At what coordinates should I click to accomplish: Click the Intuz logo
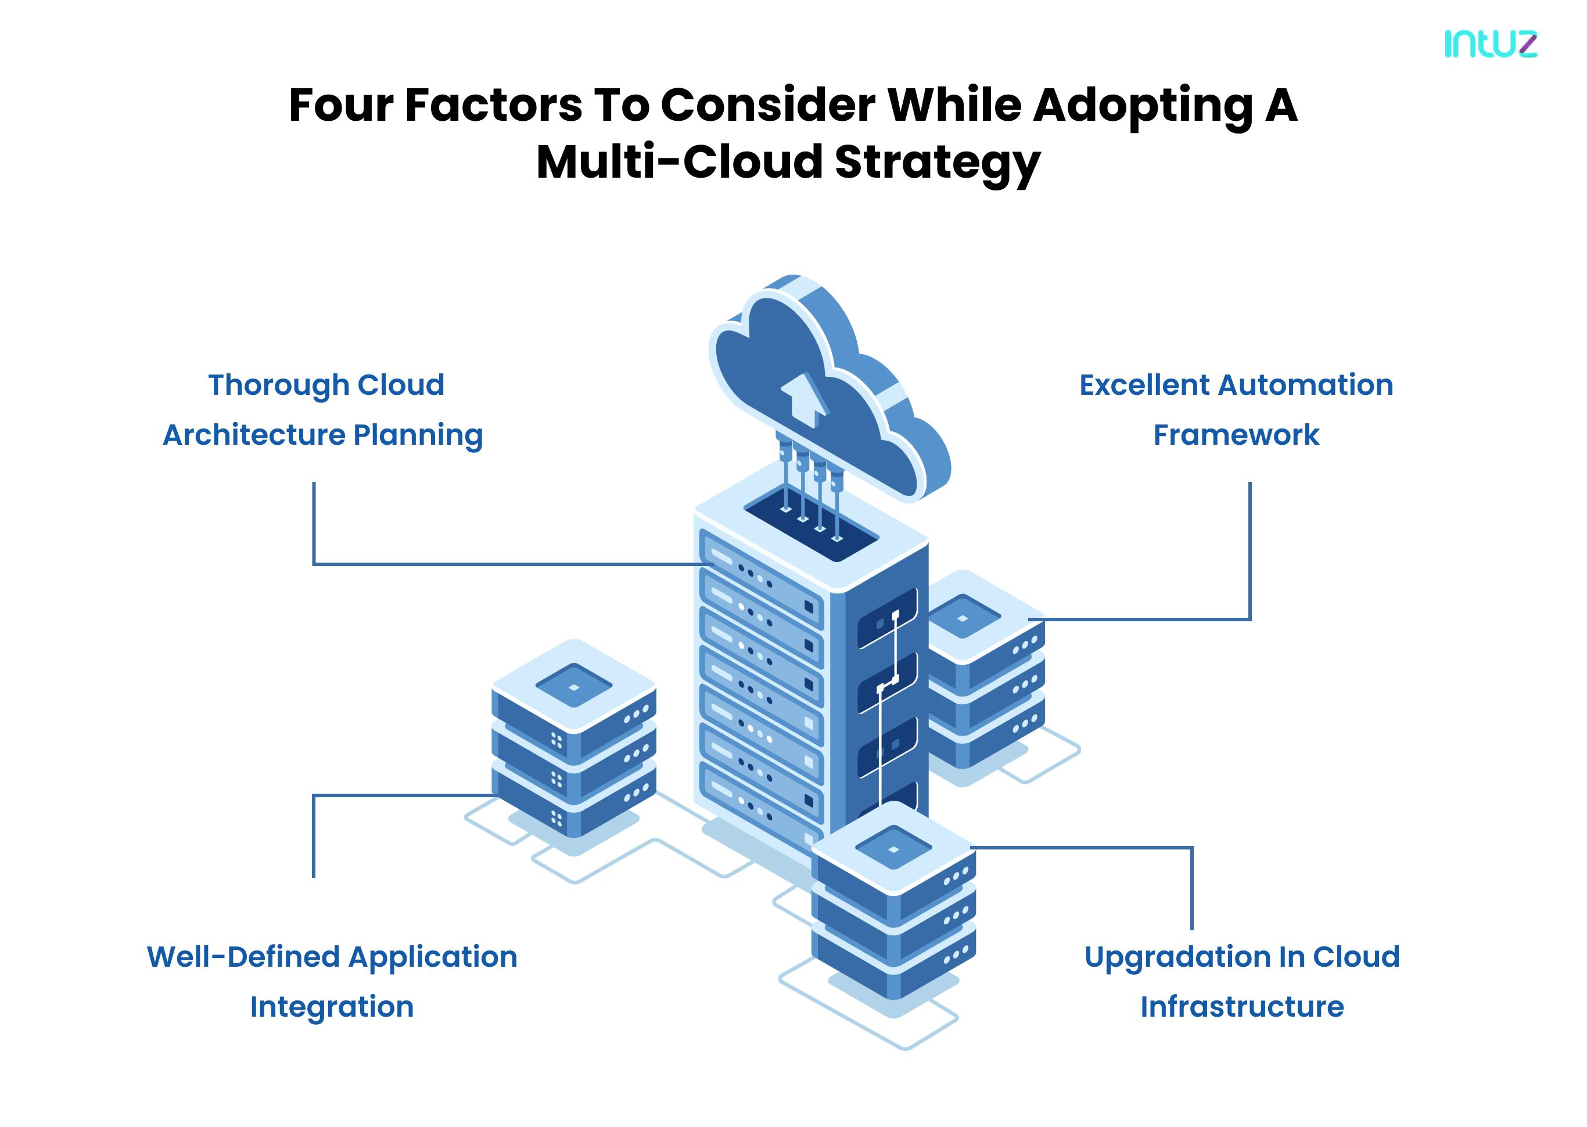pyautogui.click(x=1491, y=44)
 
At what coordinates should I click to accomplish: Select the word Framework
pyautogui.click(x=1236, y=435)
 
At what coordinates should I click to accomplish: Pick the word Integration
pyautogui.click(x=332, y=1007)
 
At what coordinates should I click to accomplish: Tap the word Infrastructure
pyautogui.click(x=1242, y=1007)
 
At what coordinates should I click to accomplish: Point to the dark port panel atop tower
pyautogui.click(x=811, y=523)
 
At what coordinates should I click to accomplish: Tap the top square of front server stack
pyautogui.click(x=893, y=848)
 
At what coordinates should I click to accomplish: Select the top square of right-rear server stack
pyautogui.click(x=962, y=617)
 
